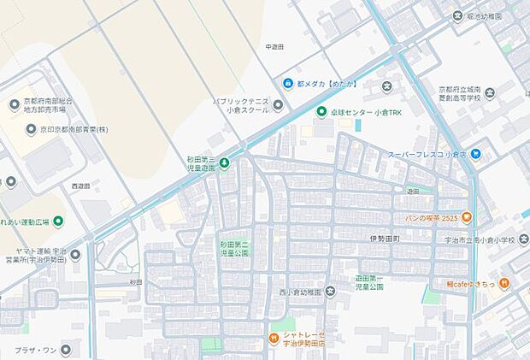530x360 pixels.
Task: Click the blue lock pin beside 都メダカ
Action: [x=288, y=84]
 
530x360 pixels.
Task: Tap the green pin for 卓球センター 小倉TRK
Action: [x=321, y=112]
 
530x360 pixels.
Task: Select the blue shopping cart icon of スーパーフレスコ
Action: [x=476, y=154]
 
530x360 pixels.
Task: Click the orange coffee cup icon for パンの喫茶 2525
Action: [x=468, y=216]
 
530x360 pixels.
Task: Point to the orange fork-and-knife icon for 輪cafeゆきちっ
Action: [x=505, y=282]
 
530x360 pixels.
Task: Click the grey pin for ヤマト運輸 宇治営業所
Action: [x=75, y=254]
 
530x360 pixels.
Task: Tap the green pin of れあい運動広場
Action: [x=58, y=221]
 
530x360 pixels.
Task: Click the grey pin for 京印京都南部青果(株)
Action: [x=32, y=130]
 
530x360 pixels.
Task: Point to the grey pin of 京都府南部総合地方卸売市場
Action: [x=14, y=104]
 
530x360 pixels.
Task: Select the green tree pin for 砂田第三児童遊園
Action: [x=224, y=162]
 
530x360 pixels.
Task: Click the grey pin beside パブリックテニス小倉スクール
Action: [x=279, y=104]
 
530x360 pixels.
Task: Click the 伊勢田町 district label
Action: [x=385, y=238]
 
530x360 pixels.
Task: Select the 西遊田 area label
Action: [x=80, y=186]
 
